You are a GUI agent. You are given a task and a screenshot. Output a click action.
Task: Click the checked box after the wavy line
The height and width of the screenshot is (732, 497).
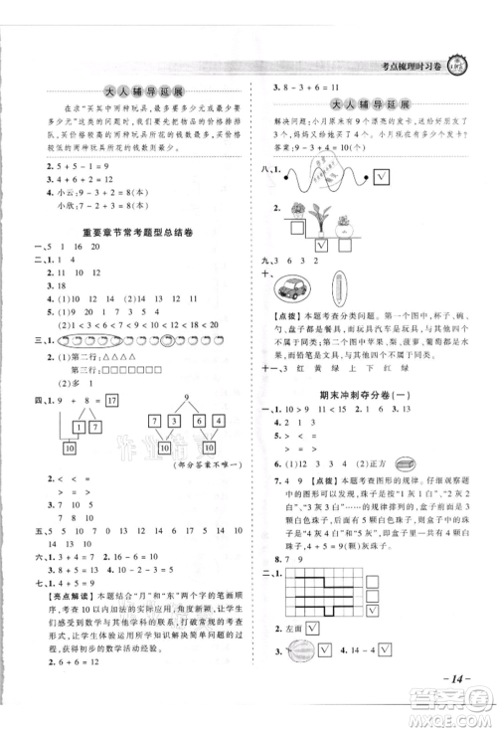(381, 179)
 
